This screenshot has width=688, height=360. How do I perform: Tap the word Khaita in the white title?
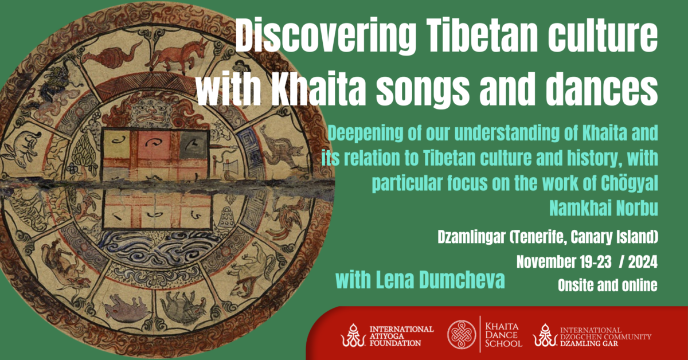point(317,88)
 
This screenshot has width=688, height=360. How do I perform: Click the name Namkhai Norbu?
point(604,208)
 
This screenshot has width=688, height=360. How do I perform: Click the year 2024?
point(643,262)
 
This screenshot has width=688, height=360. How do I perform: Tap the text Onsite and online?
point(608,285)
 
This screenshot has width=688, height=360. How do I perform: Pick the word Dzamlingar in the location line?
point(471,237)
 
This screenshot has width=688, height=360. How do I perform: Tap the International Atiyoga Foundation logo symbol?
point(353,335)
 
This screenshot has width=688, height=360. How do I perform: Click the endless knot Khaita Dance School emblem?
point(462,335)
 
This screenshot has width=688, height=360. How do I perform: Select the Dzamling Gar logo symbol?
point(545,335)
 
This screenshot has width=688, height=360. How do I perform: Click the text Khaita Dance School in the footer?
point(503,335)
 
